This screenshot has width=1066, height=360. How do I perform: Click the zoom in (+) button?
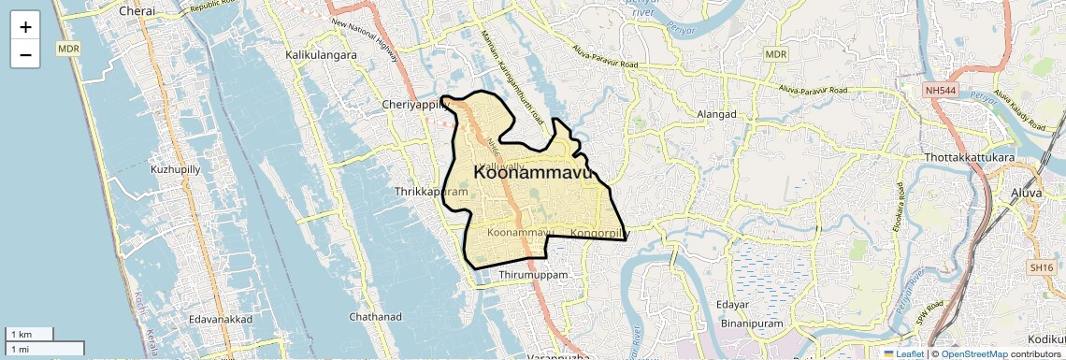click(25, 26)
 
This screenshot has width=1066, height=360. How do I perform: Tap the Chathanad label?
click(376, 317)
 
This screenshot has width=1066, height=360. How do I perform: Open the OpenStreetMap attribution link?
click(973, 354)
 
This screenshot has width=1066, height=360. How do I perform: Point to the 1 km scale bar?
click(29, 334)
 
